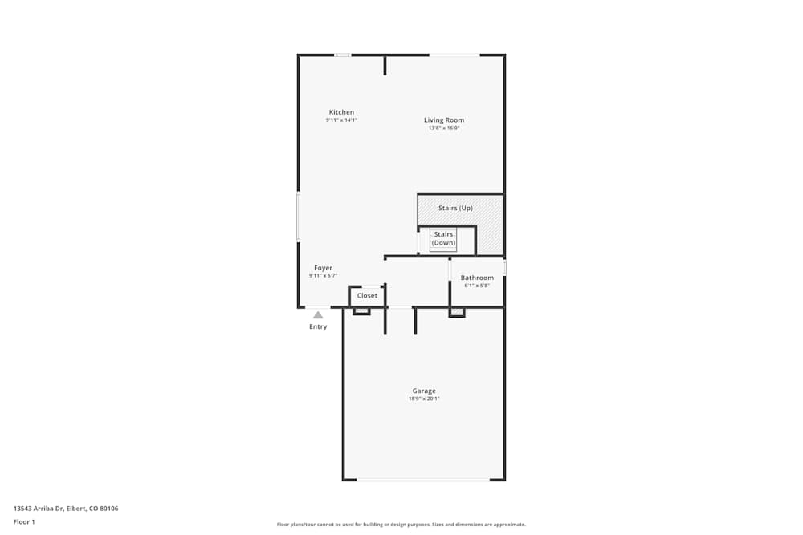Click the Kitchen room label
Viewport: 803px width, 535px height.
click(x=341, y=112)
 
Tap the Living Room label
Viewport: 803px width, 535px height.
click(x=444, y=120)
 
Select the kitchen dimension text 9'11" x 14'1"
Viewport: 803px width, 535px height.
click(x=341, y=120)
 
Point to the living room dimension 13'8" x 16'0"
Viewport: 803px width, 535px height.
click(x=444, y=128)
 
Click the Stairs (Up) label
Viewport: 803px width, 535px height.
click(x=455, y=209)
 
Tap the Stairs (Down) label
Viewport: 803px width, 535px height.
click(x=443, y=238)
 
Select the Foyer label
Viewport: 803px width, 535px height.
click(x=323, y=268)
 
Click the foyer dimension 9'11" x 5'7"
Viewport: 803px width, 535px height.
click(x=323, y=276)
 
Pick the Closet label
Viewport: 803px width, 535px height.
click(x=367, y=296)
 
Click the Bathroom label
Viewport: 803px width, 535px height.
click(x=477, y=278)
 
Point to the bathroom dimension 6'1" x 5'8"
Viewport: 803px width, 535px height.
click(x=477, y=286)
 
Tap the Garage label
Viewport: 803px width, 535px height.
click(x=424, y=391)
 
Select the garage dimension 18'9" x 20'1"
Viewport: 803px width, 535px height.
click(x=424, y=399)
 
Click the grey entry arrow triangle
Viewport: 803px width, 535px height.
click(x=318, y=315)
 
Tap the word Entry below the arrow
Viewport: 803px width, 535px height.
click(x=318, y=326)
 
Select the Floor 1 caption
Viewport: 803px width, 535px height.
click(x=24, y=521)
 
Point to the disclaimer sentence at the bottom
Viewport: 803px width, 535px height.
click(x=401, y=525)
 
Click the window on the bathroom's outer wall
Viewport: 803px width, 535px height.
click(x=504, y=268)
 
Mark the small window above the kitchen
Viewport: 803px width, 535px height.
click(x=343, y=55)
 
